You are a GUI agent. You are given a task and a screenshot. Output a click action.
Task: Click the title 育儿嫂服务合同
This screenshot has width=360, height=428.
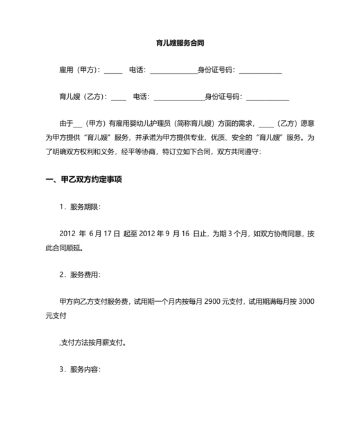click(x=180, y=43)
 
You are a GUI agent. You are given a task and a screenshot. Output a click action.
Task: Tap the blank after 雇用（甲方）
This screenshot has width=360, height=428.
click(x=113, y=70)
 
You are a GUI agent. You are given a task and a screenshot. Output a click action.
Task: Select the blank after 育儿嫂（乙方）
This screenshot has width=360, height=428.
click(x=118, y=97)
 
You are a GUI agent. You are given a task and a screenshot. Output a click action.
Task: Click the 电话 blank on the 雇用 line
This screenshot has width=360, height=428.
click(x=172, y=70)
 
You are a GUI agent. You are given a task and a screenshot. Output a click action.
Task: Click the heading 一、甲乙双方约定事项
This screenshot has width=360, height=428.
click(x=84, y=180)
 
